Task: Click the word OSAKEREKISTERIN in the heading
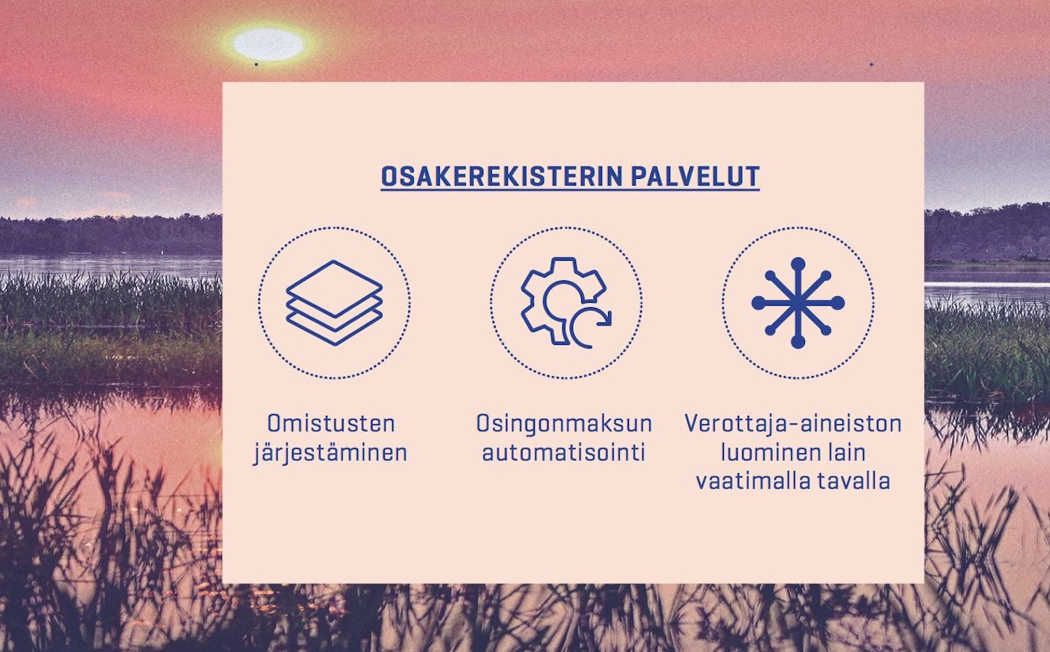click(x=502, y=176)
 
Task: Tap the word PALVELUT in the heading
click(x=695, y=176)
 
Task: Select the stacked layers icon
click(x=334, y=303)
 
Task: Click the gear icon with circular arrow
click(x=566, y=303)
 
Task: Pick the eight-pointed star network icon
click(x=798, y=303)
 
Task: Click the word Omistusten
click(x=331, y=423)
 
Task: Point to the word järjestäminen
click(x=330, y=454)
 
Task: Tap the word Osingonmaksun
click(x=564, y=424)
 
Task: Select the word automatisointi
click(x=564, y=452)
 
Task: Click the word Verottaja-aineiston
click(x=793, y=423)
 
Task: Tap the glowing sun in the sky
click(x=268, y=44)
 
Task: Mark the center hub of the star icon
click(x=798, y=303)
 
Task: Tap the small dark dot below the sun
click(x=256, y=64)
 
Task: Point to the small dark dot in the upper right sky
click(x=872, y=64)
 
